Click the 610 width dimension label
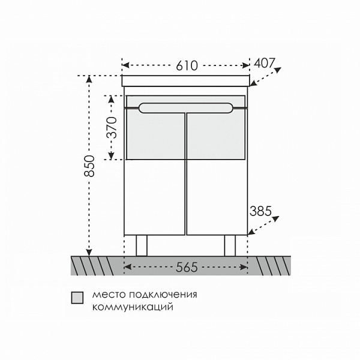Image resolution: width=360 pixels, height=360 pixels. point(187,65)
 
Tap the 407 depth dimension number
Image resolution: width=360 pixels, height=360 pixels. point(264,63)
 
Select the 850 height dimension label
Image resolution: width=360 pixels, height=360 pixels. point(89,166)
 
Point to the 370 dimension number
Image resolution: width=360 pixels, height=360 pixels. point(112,127)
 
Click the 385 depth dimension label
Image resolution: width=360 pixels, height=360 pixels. point(260,211)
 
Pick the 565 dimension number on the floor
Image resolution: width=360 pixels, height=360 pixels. point(187,267)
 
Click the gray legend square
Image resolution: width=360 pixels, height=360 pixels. point(77,298)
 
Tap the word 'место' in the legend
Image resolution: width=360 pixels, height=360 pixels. point(109,295)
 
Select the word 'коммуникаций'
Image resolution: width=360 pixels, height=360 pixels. point(133,307)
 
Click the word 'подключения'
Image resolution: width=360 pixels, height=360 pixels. point(163,295)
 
